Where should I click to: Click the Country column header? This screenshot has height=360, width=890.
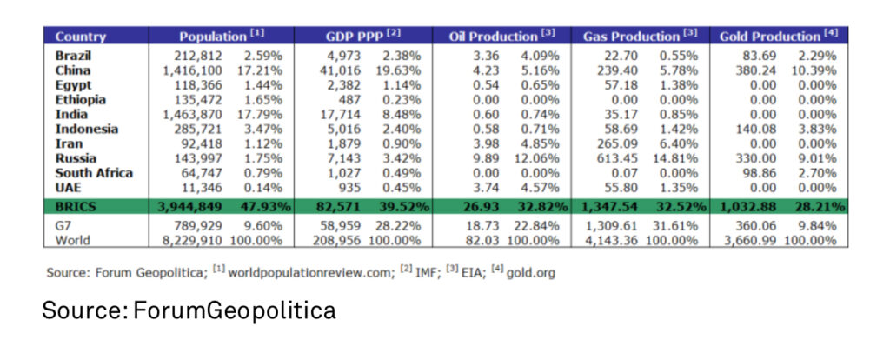pyautogui.click(x=80, y=37)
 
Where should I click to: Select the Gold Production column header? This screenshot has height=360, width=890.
pyautogui.click(x=769, y=37)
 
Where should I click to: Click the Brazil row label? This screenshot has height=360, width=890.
pyautogui.click(x=73, y=56)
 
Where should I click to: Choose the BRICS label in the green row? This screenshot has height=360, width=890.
pyautogui.click(x=76, y=207)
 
